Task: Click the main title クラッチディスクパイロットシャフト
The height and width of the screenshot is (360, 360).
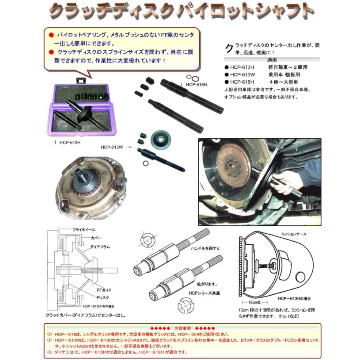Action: coord(181,12)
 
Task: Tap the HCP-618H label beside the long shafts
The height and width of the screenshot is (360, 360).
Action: coord(195,84)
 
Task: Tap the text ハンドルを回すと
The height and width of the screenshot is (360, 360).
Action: coord(205,248)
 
